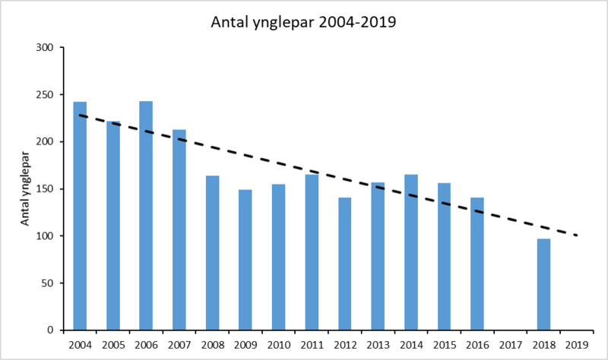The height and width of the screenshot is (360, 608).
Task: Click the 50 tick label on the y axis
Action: (49, 283)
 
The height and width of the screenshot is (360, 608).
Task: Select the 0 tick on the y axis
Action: (52, 330)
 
